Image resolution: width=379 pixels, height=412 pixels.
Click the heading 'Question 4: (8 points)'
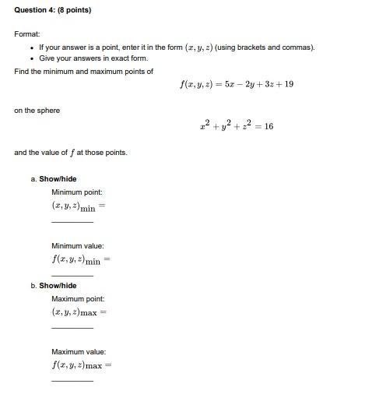[52, 10]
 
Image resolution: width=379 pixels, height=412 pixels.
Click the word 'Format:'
[27, 34]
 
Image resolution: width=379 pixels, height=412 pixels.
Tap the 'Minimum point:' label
[77, 192]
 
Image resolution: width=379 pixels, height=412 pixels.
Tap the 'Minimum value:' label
[78, 246]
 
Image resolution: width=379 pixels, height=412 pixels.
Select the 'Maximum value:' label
[79, 352]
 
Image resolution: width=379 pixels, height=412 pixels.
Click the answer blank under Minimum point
[72, 222]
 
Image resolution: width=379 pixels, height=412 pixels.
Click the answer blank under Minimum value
[72, 275]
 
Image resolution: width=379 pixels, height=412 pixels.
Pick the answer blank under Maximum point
[72, 328]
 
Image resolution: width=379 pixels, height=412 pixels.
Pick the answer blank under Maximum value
[72, 380]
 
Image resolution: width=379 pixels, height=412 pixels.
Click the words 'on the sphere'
[37, 111]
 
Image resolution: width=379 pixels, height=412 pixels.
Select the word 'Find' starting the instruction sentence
[21, 71]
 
